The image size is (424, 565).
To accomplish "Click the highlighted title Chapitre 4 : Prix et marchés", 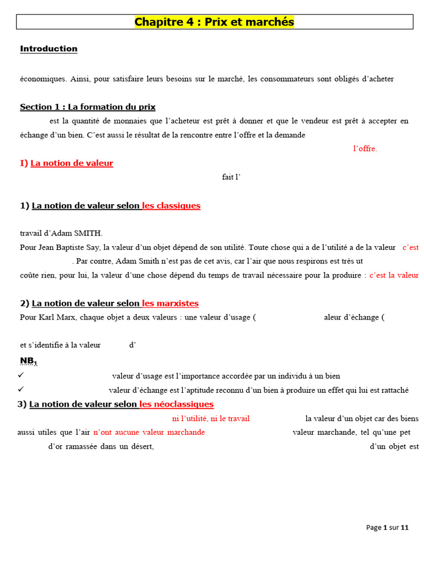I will pyautogui.click(x=214, y=22).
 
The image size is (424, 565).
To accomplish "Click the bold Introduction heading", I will pyautogui.click(x=49, y=49).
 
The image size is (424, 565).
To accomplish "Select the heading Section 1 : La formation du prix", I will pyautogui.click(x=88, y=107).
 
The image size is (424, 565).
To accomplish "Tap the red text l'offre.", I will pyautogui.click(x=365, y=149).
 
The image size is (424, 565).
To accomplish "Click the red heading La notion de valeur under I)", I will pyautogui.click(x=72, y=163).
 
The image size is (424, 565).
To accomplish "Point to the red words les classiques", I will pyautogui.click(x=171, y=206).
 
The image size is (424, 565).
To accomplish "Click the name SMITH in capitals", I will pyautogui.click(x=88, y=233).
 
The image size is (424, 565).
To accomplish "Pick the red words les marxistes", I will pyautogui.click(x=170, y=303).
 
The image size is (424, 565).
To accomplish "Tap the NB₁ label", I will pyautogui.click(x=29, y=361).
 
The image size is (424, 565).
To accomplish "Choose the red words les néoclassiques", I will pyautogui.click(x=176, y=404).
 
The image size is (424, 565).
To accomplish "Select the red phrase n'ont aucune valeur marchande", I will pyautogui.click(x=149, y=432).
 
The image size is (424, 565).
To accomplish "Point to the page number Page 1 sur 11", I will pyautogui.click(x=387, y=527).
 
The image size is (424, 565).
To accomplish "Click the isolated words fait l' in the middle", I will pyautogui.click(x=232, y=177).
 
